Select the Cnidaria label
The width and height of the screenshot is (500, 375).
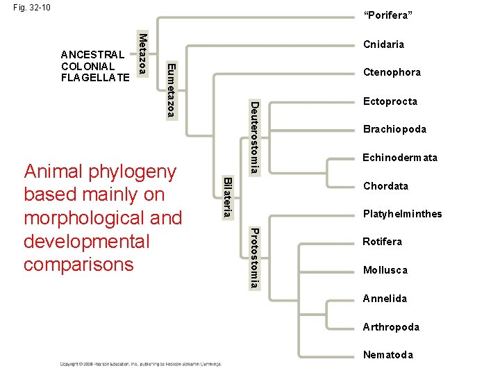click(x=383, y=44)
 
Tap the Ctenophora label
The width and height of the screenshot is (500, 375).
click(x=392, y=72)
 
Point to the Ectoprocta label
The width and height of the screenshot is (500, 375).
click(x=390, y=101)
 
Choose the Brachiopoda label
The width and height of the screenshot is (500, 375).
click(x=394, y=129)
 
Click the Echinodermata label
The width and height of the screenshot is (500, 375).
click(x=400, y=158)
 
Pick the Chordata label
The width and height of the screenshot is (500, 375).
click(x=385, y=186)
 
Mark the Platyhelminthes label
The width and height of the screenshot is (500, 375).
click(x=402, y=214)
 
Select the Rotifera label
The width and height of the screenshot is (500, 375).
click(x=382, y=242)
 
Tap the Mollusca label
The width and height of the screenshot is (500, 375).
click(x=385, y=270)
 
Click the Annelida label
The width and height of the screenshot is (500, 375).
click(x=385, y=299)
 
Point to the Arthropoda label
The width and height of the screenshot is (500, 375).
click(x=391, y=327)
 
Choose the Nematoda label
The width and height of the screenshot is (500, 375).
click(x=387, y=355)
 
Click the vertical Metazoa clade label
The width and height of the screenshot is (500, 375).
click(x=142, y=53)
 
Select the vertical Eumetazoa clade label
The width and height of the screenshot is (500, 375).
click(x=172, y=90)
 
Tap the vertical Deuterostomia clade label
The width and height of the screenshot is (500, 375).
click(x=255, y=137)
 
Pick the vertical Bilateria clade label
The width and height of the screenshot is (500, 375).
click(x=226, y=197)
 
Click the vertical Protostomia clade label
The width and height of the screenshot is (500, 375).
click(x=255, y=258)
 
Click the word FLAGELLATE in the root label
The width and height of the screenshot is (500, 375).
click(x=95, y=77)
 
